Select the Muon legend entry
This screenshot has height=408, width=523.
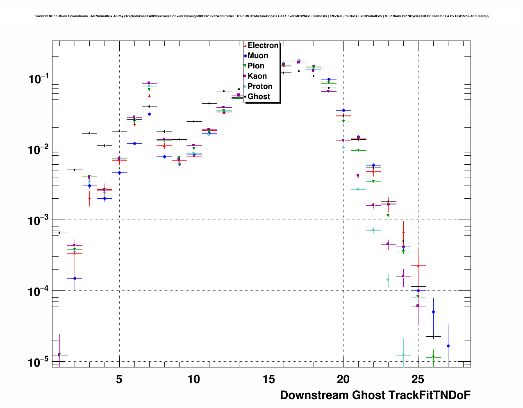click(x=257, y=56)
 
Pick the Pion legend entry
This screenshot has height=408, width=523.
click(x=256, y=66)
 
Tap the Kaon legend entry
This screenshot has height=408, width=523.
click(x=257, y=76)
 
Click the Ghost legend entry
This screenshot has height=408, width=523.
click(x=259, y=97)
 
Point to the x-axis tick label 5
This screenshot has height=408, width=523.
click(x=119, y=379)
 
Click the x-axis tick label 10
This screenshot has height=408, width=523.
click(x=194, y=379)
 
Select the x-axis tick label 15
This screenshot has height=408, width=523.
click(x=268, y=379)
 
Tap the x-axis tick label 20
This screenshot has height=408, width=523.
click(x=343, y=379)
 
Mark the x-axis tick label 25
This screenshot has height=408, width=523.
click(x=418, y=379)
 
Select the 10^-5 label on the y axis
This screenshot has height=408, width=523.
click(x=38, y=362)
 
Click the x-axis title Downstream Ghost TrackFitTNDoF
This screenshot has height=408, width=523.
click(x=375, y=395)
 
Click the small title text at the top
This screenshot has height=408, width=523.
click(x=261, y=16)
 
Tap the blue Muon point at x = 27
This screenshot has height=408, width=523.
click(x=448, y=346)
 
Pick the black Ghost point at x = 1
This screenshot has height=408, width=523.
click(x=60, y=233)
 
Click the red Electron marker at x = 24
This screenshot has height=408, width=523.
click(x=403, y=232)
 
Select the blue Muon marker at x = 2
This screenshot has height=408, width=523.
click(x=75, y=278)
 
